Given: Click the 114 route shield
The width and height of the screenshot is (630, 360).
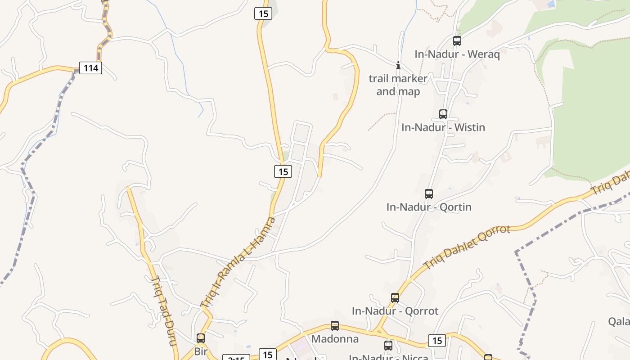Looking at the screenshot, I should [90, 68].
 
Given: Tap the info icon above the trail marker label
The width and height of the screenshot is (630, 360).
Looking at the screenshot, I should [398, 66].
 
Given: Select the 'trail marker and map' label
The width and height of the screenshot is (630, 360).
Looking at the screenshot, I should [398, 85].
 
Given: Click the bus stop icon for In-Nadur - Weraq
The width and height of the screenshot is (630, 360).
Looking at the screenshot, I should [457, 41].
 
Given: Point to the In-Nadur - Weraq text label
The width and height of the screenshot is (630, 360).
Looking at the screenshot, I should [457, 54].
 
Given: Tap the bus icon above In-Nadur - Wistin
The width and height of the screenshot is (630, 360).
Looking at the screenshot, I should [443, 114].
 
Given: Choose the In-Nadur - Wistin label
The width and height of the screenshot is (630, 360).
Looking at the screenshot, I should [443, 127].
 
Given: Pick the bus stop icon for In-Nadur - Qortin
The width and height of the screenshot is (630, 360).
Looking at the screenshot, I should [429, 194].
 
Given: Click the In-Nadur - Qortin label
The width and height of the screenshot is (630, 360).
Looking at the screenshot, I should [429, 207].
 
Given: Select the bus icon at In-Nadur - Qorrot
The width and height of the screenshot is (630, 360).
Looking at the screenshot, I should [395, 298].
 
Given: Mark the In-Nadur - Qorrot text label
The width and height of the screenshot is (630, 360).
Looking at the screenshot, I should [395, 311].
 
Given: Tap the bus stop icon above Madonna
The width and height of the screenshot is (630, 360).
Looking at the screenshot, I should [335, 326].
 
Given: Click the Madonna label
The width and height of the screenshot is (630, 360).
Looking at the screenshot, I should [335, 339].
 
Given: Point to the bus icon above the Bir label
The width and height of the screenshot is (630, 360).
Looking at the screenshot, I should [201, 338].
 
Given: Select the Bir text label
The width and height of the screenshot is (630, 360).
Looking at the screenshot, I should [200, 351].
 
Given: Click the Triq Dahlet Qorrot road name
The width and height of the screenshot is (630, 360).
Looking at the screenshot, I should [467, 247].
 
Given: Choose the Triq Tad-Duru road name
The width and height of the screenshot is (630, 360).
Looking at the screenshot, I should [163, 310].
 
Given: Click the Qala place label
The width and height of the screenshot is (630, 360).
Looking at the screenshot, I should [619, 321].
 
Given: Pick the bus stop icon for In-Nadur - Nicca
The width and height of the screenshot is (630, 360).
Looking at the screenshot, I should [388, 346].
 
